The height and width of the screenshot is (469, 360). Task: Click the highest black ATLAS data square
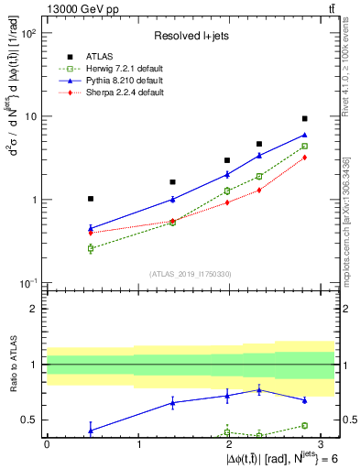(305, 118)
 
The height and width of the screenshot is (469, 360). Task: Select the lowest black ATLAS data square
(91, 199)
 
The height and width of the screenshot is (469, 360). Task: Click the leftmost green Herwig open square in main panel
(91, 248)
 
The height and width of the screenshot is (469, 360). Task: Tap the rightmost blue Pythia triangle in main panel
(305, 135)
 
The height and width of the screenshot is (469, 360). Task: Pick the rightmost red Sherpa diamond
(305, 158)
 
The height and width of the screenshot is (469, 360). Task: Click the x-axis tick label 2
(229, 443)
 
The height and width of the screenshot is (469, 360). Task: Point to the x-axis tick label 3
(320, 443)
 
